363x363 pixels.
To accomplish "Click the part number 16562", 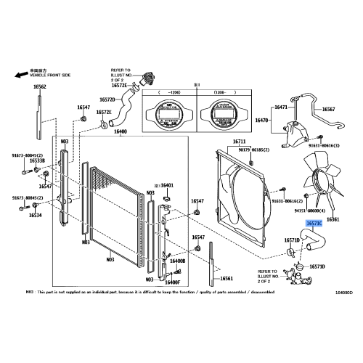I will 39,87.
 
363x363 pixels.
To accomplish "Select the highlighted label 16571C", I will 315,225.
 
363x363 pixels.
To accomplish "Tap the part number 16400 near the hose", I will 121,131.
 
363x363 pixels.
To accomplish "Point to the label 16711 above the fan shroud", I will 240,141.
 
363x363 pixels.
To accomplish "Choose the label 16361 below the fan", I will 333,219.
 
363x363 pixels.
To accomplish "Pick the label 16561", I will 227,279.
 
